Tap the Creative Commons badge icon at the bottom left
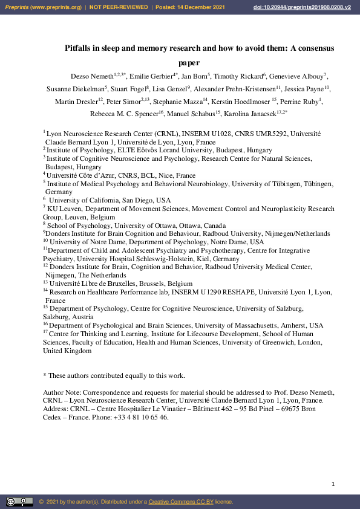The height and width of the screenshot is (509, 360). coord(19,502)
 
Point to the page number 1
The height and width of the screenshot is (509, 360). coord(333,484)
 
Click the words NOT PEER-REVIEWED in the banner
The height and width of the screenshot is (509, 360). coord(119,7)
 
